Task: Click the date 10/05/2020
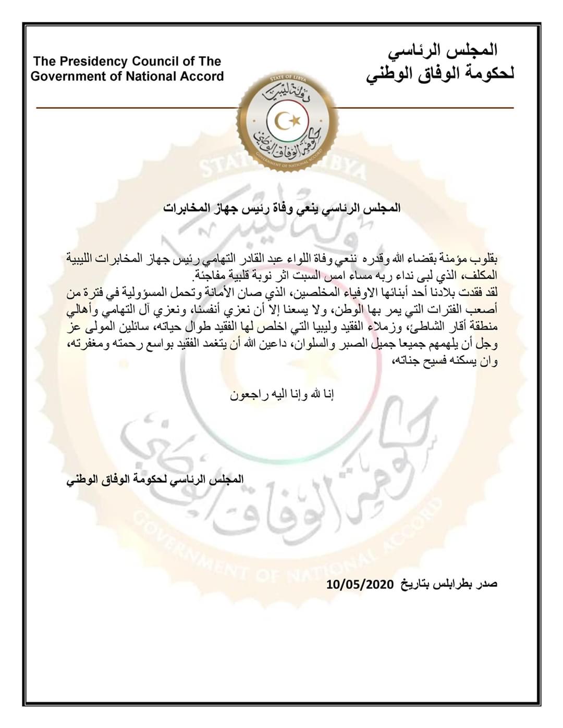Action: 360,584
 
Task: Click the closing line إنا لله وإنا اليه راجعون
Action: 282,394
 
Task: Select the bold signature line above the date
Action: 155,480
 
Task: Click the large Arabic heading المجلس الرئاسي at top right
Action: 443,51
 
